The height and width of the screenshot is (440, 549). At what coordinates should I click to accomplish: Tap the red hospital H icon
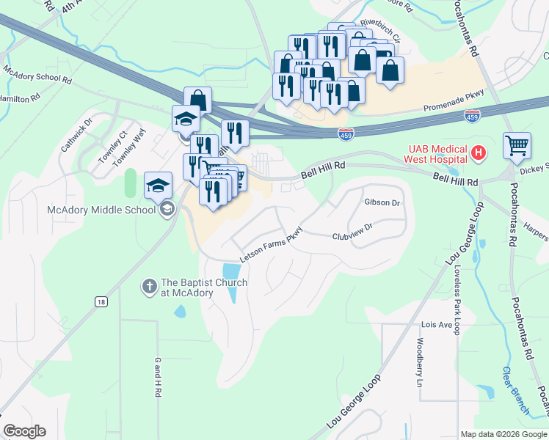[479, 154]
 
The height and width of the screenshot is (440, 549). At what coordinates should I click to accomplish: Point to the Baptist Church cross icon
[149, 287]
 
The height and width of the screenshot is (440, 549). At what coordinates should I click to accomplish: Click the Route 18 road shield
[101, 301]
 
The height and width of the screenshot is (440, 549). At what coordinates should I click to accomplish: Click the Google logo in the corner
[24, 431]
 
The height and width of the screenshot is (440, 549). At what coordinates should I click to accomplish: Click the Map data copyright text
[503, 434]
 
